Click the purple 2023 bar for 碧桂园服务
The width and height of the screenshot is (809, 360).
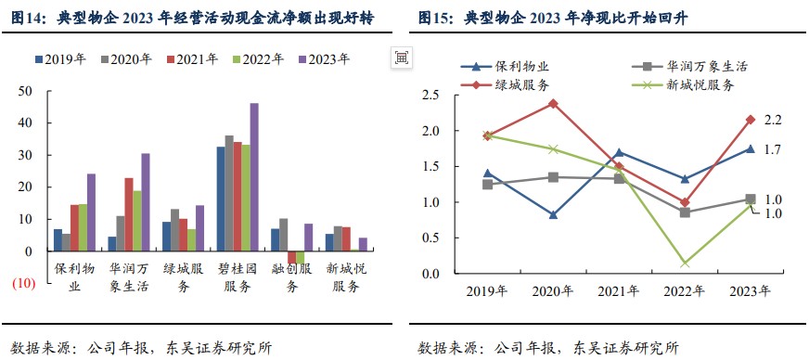tap(254, 176)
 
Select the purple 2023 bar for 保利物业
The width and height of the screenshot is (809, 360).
tap(91, 212)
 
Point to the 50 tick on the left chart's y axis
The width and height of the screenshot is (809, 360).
tap(27, 91)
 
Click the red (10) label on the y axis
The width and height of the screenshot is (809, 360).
tap(23, 284)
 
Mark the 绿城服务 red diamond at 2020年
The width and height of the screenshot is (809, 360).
tap(553, 103)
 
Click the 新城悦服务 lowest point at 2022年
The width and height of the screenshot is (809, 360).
tap(685, 264)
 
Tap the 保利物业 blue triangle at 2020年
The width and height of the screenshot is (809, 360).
tap(553, 215)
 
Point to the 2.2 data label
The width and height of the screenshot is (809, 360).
tap(773, 121)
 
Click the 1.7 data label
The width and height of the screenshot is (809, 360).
tap(773, 149)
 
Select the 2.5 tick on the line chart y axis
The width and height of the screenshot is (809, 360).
tap(430, 96)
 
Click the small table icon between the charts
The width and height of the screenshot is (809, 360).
tap(401, 58)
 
